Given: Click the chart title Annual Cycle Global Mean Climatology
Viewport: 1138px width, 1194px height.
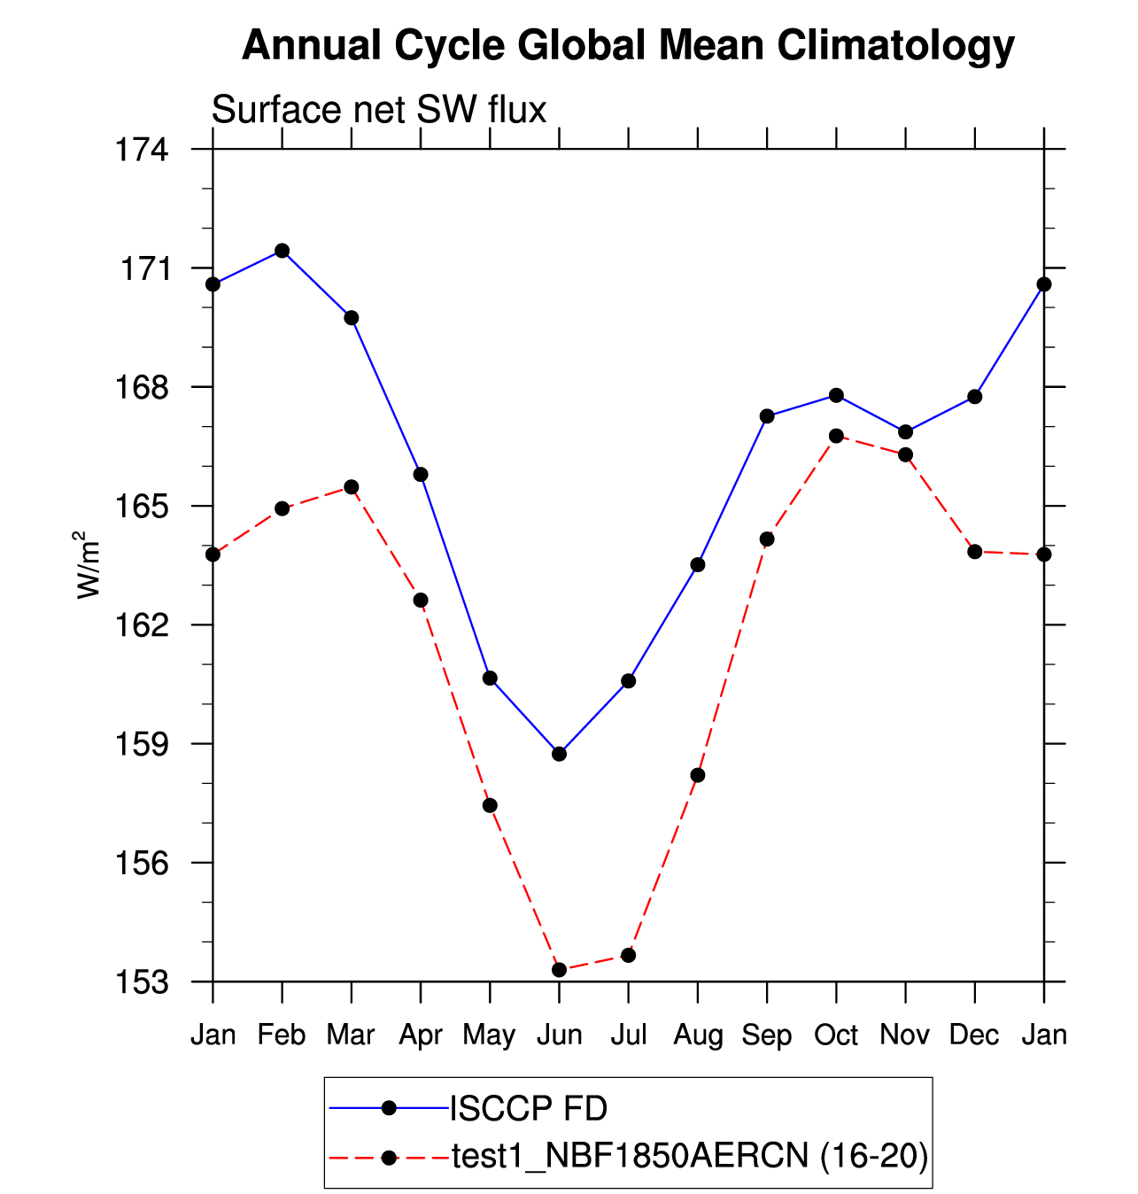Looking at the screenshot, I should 628,46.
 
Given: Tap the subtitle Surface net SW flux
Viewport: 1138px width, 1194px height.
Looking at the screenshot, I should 379,111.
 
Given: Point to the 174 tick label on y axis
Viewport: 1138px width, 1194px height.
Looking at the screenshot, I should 142,150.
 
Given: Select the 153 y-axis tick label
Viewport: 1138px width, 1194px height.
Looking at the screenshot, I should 142,982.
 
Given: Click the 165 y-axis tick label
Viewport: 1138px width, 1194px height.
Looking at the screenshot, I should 142,507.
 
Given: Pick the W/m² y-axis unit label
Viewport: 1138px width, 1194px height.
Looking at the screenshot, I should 88,565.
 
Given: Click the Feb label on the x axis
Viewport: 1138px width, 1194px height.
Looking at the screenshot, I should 282,1035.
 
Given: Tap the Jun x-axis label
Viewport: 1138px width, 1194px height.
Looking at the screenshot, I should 559,1035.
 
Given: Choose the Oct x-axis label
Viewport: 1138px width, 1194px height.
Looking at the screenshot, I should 836,1035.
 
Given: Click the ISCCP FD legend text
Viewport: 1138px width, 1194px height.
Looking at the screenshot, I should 529,1108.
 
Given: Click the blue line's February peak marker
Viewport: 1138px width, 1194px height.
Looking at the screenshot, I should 282,251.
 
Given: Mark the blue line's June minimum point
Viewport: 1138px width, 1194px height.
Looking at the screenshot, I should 559,754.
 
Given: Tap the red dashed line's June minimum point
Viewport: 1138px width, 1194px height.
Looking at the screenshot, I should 559,970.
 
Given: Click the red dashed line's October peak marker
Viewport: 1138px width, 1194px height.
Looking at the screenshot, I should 836,436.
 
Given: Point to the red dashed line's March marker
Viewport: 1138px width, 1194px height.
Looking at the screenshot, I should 352,487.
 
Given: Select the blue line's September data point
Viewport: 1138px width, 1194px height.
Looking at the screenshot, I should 767,416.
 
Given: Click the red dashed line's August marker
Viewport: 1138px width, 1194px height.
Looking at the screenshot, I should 698,775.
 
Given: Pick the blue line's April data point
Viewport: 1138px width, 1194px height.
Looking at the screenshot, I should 421,475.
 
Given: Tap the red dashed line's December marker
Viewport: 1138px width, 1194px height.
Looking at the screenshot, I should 975,552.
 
